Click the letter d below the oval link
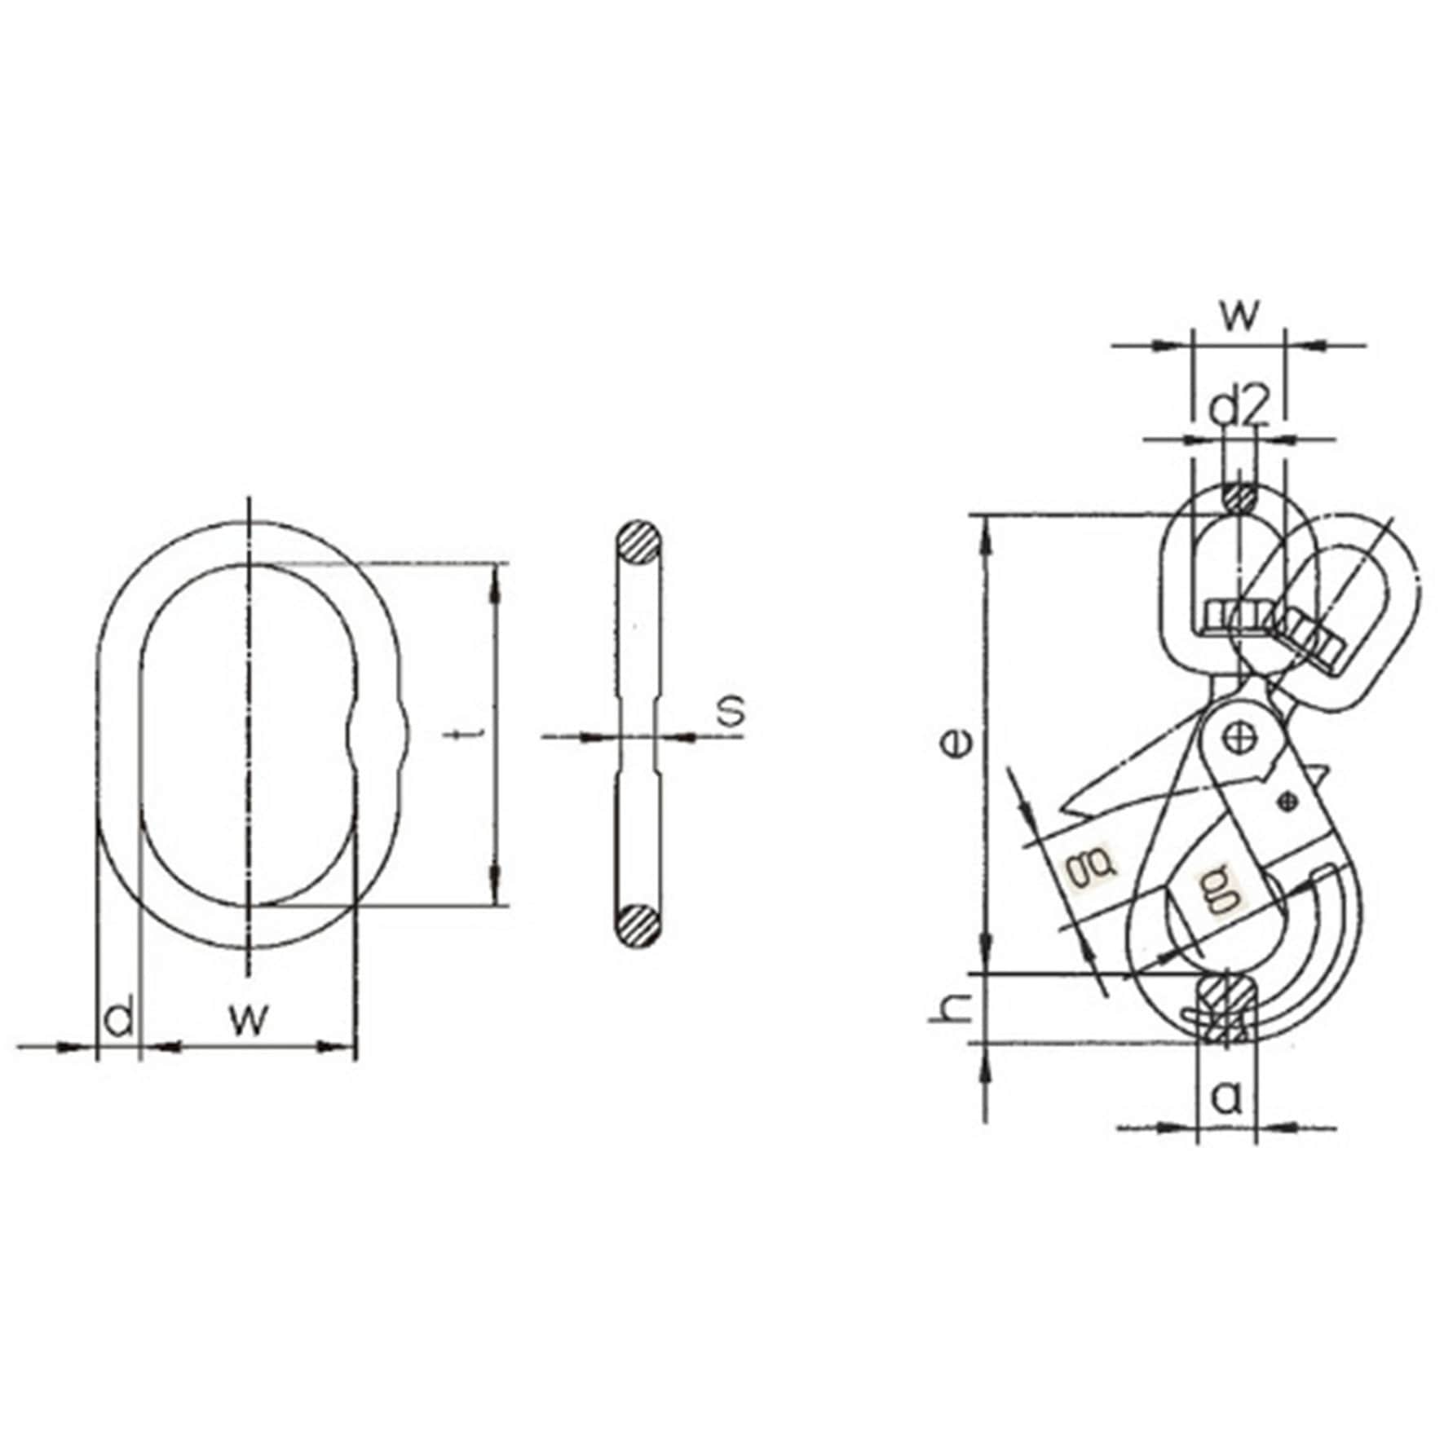click(x=119, y=1018)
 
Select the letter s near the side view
click(x=732, y=709)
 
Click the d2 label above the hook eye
click(x=1239, y=408)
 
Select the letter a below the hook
click(x=1225, y=1098)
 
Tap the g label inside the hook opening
click(x=1220, y=890)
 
